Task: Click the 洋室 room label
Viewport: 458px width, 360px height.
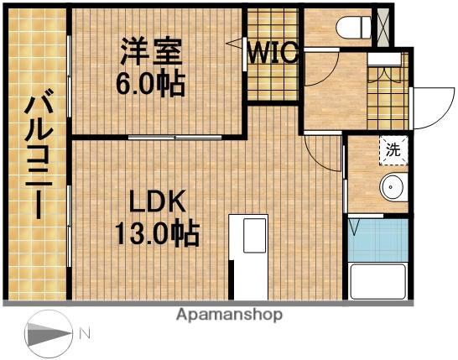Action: (x=152, y=51)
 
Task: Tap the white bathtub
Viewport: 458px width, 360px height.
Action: (x=377, y=281)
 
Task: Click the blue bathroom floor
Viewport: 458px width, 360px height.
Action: (x=377, y=239)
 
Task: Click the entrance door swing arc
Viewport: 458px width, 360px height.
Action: (x=429, y=105)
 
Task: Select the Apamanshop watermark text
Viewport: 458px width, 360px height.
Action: (x=229, y=315)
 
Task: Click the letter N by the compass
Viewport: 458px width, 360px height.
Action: (x=85, y=334)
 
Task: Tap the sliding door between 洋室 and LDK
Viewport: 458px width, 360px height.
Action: (x=176, y=136)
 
